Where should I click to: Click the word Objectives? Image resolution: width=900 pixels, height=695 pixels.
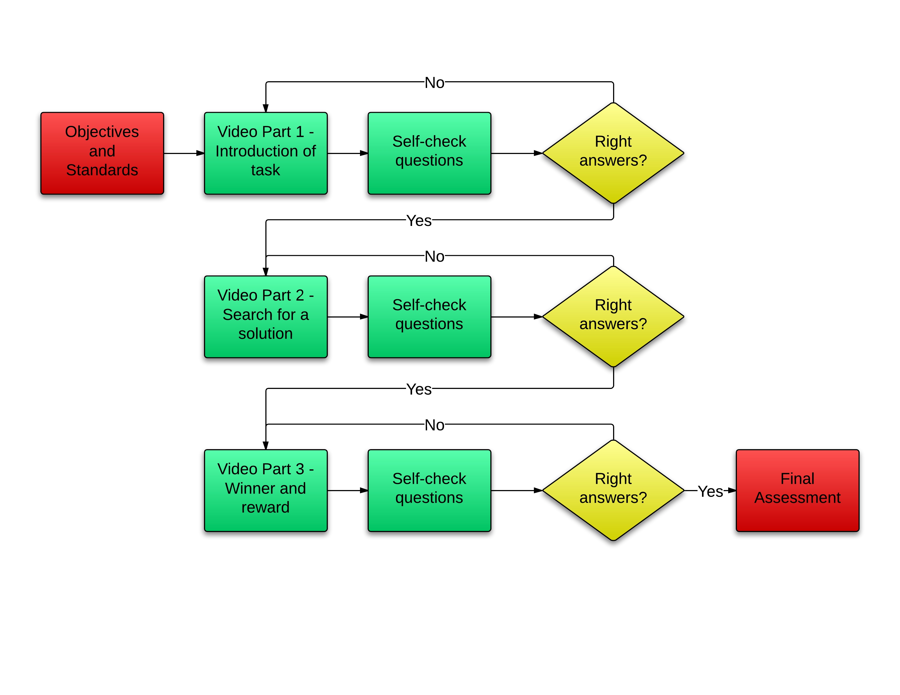point(102,132)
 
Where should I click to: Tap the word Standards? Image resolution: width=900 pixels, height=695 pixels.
point(102,170)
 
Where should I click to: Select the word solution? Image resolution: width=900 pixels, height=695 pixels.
point(266,334)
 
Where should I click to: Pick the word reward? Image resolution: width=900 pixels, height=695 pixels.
point(266,507)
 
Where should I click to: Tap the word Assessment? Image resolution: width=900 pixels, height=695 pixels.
point(797,498)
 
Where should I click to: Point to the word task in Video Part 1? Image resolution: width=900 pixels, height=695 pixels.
point(266,170)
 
